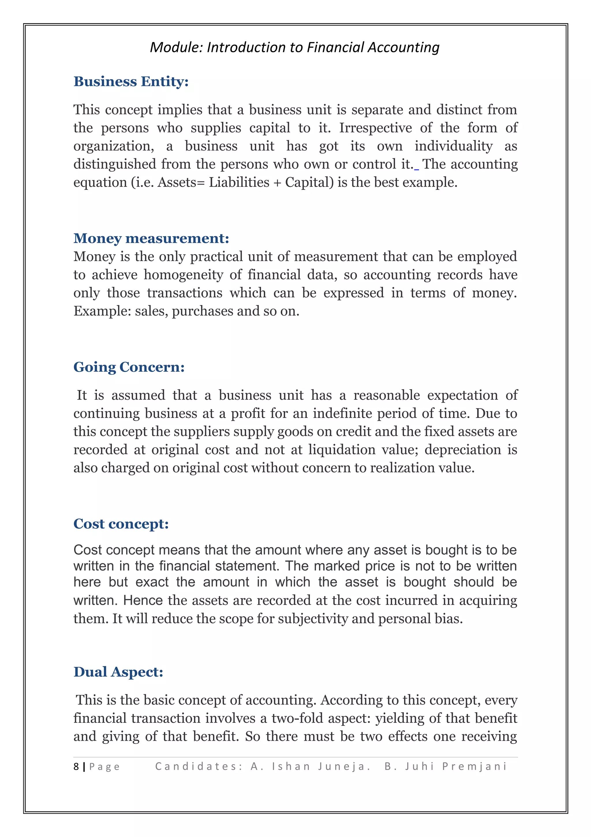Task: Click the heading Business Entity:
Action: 131,81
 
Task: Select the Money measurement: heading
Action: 151,238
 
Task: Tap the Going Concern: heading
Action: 129,367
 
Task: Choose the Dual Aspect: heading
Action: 118,672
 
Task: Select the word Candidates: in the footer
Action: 199,766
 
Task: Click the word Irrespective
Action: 375,128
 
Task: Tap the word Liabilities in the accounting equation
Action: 239,182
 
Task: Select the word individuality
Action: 453,146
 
